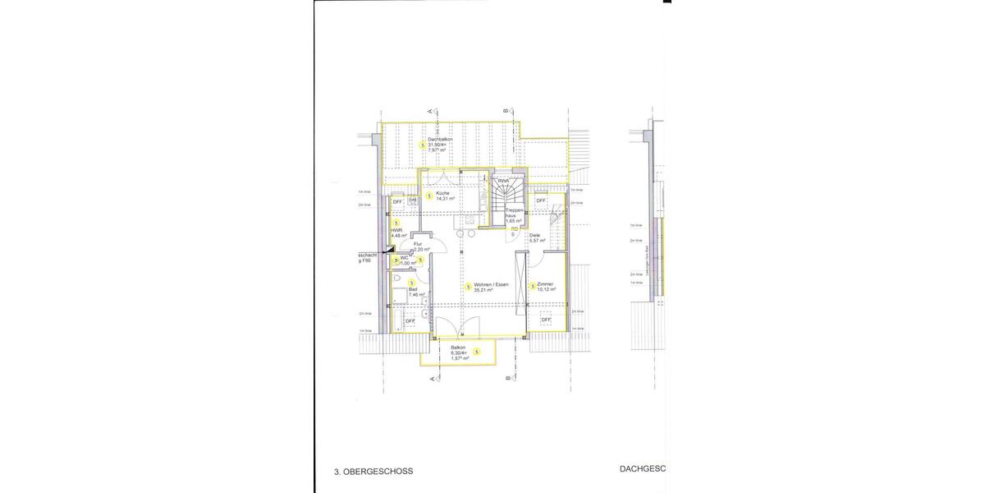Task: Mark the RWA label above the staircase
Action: click(503, 181)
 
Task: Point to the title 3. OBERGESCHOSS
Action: click(373, 472)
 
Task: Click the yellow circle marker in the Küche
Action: click(428, 196)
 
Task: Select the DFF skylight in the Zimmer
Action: click(546, 320)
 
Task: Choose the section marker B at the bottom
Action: click(507, 378)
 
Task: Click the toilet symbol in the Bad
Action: click(397, 282)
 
